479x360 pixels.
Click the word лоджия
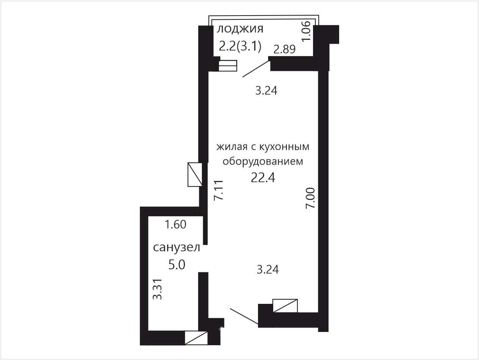[240, 29]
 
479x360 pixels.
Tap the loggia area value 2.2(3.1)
[240, 47]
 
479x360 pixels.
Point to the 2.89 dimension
[285, 49]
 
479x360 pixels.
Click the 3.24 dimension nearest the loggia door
[266, 90]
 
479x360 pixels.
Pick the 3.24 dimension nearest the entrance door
[268, 269]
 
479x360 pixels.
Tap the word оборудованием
[263, 162]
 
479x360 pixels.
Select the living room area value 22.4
[263, 177]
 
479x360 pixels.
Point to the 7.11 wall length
[218, 190]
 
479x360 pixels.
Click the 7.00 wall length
[310, 198]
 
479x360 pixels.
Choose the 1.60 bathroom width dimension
[175, 224]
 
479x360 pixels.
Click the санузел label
[177, 248]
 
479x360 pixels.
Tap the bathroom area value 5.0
[177, 264]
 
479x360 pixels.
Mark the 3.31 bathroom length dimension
[157, 289]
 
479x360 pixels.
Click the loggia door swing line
[255, 69]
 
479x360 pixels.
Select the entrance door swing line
[244, 316]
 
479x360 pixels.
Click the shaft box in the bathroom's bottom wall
[196, 338]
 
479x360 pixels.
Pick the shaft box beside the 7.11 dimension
[195, 174]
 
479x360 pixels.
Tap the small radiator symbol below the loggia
[228, 66]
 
